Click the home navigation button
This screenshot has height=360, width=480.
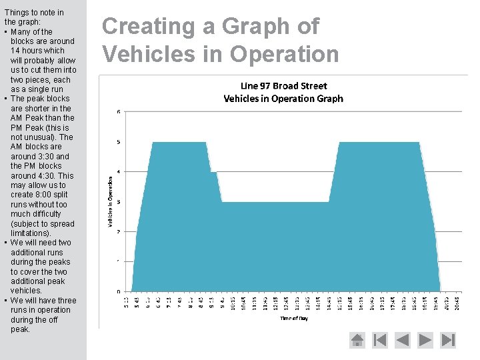coord(357,340)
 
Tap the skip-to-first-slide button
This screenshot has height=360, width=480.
coord(380,340)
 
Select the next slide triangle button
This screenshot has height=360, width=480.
coord(425,340)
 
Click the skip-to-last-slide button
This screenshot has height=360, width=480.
coord(449,340)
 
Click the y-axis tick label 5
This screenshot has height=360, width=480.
coord(119,141)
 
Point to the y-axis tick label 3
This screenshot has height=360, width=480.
coord(119,201)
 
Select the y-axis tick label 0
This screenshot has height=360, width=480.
coord(119,291)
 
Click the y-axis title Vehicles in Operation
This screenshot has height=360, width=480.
coord(110,201)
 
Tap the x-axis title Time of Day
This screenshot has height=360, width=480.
coord(293,319)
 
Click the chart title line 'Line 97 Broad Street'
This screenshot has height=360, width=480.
coord(283,86)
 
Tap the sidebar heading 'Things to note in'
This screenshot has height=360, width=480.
coord(34,13)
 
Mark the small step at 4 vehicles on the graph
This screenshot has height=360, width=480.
coord(214,172)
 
